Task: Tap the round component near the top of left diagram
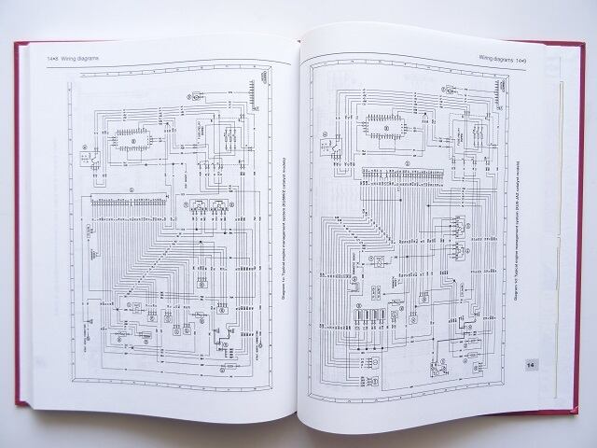[197, 95]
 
